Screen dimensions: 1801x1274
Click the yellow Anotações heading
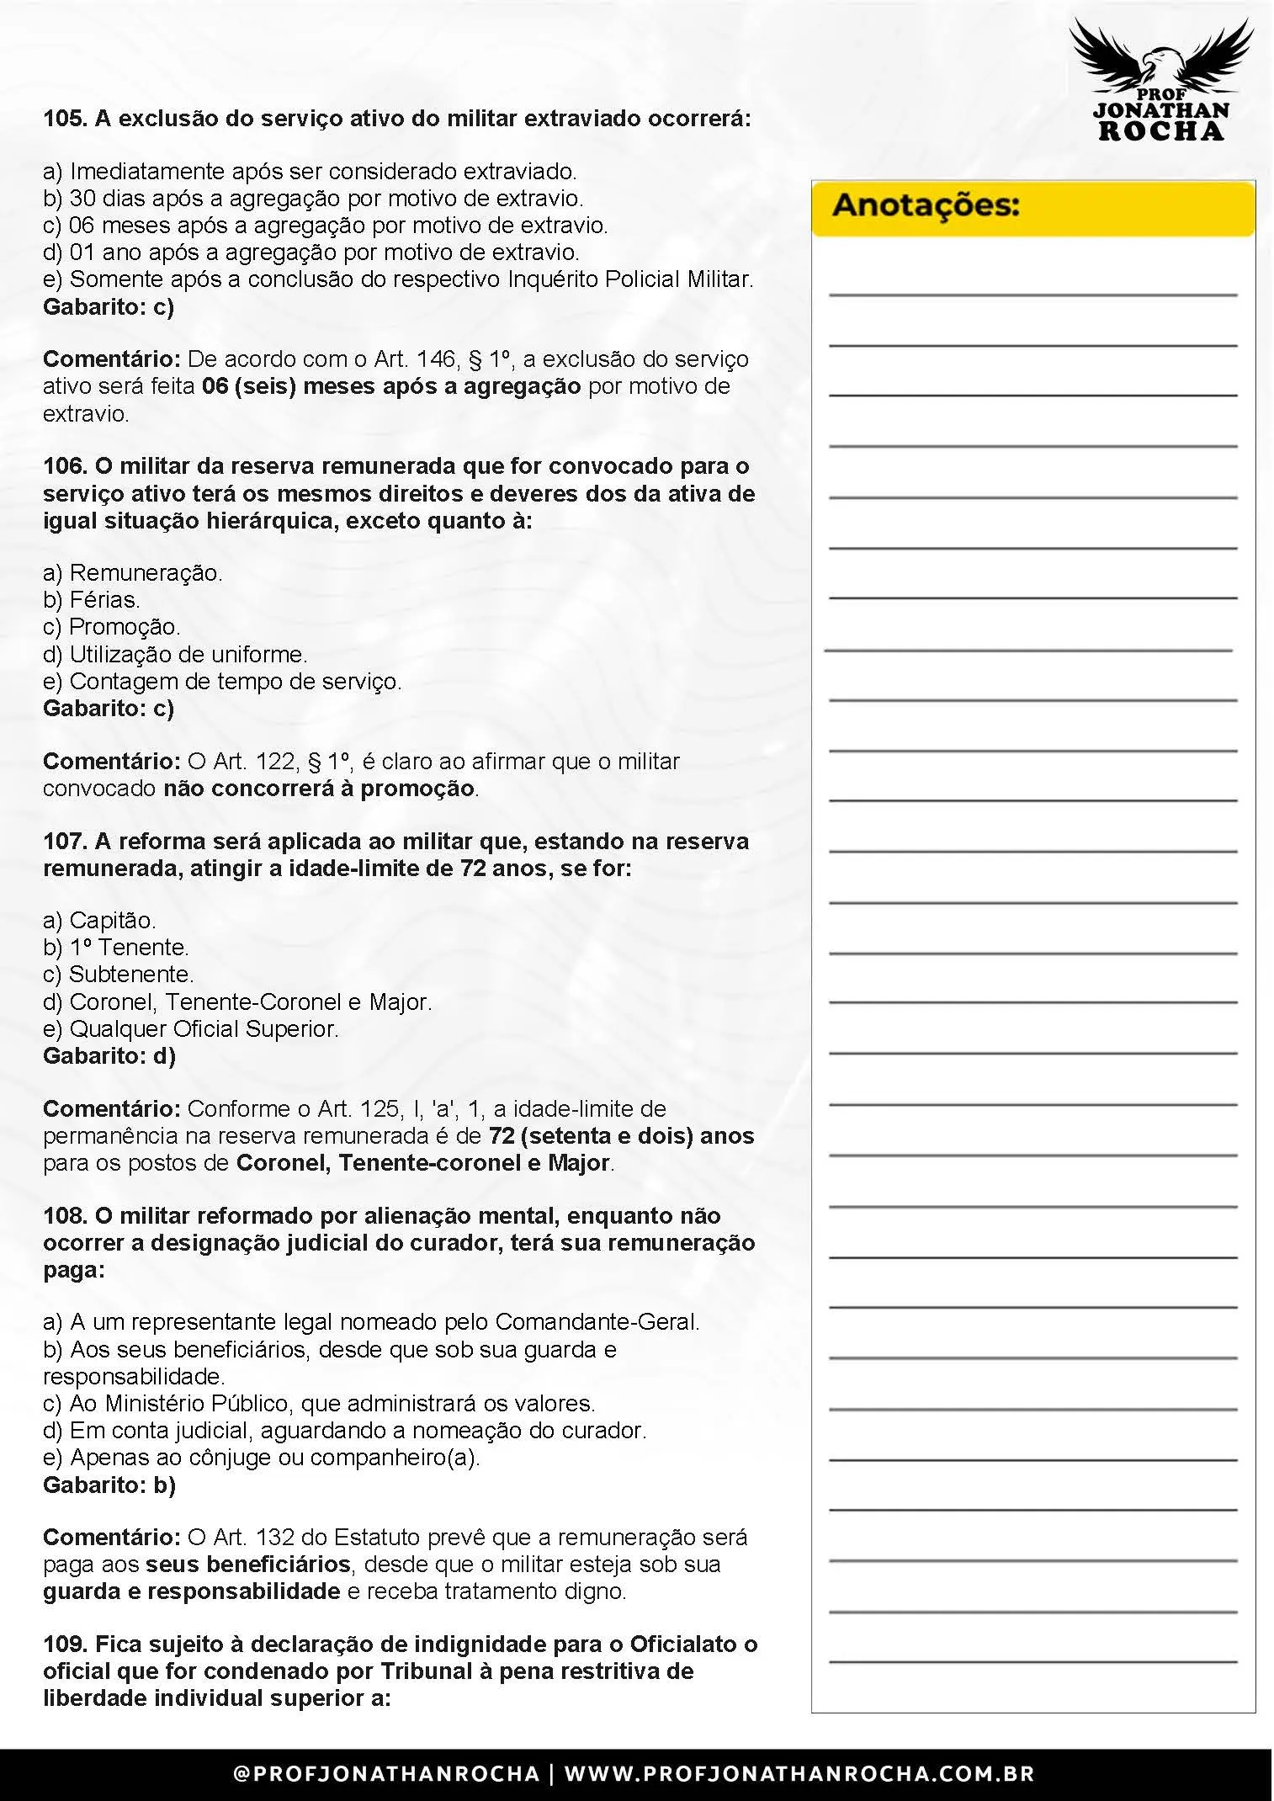click(926, 206)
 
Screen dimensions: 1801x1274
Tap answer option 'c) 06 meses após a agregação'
click(325, 226)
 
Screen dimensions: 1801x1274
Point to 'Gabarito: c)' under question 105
click(109, 306)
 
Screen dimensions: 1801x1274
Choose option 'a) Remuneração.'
click(133, 573)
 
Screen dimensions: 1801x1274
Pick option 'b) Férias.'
click(92, 600)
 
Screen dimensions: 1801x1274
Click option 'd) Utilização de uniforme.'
click(175, 654)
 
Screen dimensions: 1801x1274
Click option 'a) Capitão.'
click(99, 920)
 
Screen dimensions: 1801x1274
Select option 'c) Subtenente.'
click(118, 974)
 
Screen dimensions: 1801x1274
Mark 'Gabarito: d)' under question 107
click(109, 1055)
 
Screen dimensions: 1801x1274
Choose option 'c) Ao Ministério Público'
click(319, 1404)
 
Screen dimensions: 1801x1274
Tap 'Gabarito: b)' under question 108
click(109, 1485)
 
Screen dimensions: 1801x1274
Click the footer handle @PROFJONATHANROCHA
click(386, 1774)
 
